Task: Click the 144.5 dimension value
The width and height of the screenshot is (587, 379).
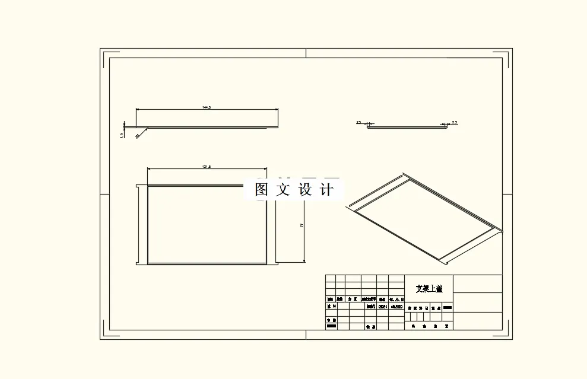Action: tap(207, 107)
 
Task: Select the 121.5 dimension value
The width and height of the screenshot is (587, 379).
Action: tap(207, 167)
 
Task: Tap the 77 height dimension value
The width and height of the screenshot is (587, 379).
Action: tap(302, 225)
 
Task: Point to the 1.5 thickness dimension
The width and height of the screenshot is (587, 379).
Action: tap(122, 135)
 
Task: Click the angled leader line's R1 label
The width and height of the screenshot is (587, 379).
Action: tap(137, 136)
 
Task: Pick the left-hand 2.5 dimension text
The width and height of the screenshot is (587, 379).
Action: tap(358, 122)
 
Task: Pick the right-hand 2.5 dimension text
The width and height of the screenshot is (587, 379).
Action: tap(455, 122)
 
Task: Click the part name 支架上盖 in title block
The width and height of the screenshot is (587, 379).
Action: tap(429, 289)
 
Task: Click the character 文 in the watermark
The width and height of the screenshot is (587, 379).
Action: tap(284, 190)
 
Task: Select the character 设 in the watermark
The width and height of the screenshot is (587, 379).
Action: tap(305, 190)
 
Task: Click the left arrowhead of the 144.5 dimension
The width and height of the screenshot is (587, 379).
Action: tap(138, 110)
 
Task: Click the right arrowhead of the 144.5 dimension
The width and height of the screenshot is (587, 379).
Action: tap(277, 110)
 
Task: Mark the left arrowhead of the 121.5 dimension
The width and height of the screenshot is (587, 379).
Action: tap(149, 170)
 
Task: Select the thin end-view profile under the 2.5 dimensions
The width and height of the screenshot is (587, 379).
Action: tap(407, 126)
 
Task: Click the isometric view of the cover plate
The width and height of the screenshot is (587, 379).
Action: tap(424, 216)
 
